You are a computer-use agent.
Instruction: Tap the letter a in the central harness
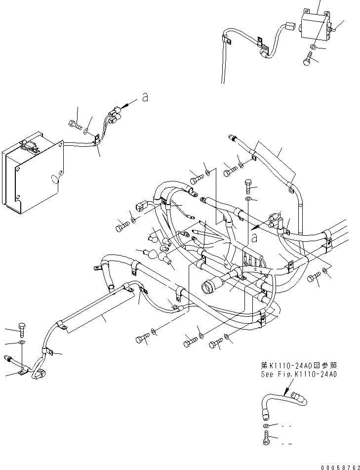point(255,238)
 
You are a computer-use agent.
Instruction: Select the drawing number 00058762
point(330,464)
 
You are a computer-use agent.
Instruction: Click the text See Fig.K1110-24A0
point(299,374)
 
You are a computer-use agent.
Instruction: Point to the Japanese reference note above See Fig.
point(299,366)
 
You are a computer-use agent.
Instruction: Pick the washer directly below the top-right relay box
point(313,47)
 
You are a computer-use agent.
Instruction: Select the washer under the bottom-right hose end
point(266,426)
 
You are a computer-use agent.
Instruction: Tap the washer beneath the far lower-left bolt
point(22,342)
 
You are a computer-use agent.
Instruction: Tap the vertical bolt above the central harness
point(247,187)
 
